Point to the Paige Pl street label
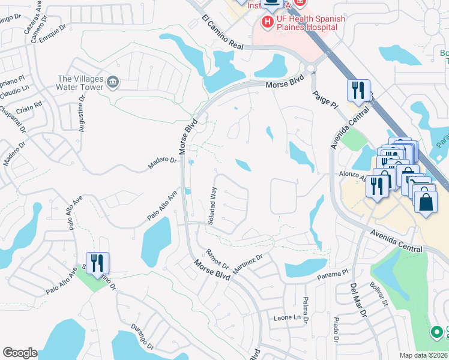[324, 99]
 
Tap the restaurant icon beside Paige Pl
[357, 91]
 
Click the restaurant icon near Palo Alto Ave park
[97, 263]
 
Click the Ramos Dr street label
[217, 259]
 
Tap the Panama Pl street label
[333, 275]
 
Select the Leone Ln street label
[286, 317]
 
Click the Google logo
[20, 353]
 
